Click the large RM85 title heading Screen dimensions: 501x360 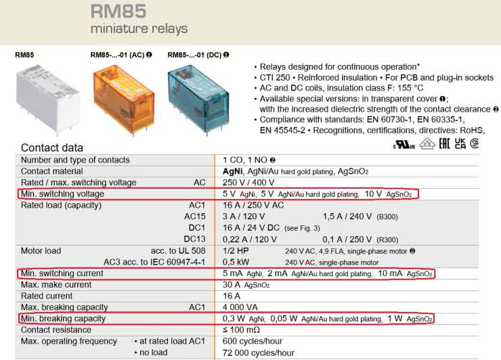tap(118, 12)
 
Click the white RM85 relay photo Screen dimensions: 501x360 tap(47, 98)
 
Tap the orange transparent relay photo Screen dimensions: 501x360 tap(124, 99)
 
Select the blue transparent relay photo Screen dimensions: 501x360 tap(198, 99)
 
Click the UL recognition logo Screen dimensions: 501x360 tap(404, 145)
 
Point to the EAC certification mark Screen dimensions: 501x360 tap(444, 143)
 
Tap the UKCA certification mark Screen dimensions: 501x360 tap(460, 143)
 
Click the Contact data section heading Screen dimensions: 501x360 tap(52, 148)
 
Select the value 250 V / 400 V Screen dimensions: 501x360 tap(248, 183)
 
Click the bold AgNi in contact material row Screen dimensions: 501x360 tap(233, 171)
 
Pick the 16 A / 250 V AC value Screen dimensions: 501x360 tap(253, 205)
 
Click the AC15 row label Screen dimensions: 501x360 tap(194, 217)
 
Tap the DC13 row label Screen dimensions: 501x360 tap(194, 240)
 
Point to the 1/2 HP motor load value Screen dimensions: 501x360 tap(236, 251)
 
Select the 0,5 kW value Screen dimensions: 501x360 tap(236, 262)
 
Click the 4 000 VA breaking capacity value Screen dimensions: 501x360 tap(240, 307)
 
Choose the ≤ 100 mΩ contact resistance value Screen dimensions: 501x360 tap(241, 330)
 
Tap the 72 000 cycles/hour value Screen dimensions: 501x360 tap(259, 353)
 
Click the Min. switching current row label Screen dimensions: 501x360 tap(62, 273)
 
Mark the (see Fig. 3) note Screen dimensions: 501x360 tap(302, 228)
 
